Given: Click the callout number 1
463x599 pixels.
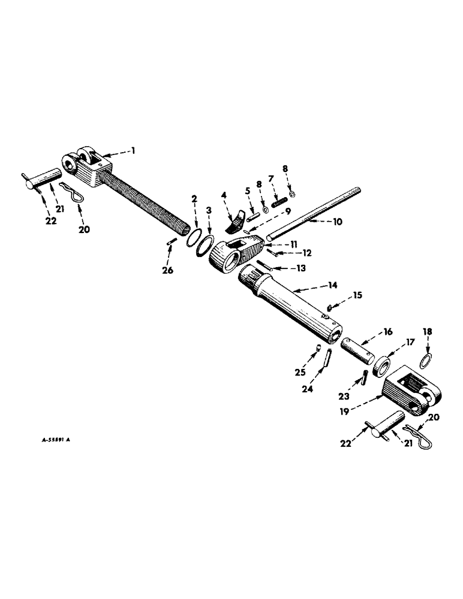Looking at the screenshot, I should click(133, 152).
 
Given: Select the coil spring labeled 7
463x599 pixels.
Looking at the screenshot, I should click(278, 203).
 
